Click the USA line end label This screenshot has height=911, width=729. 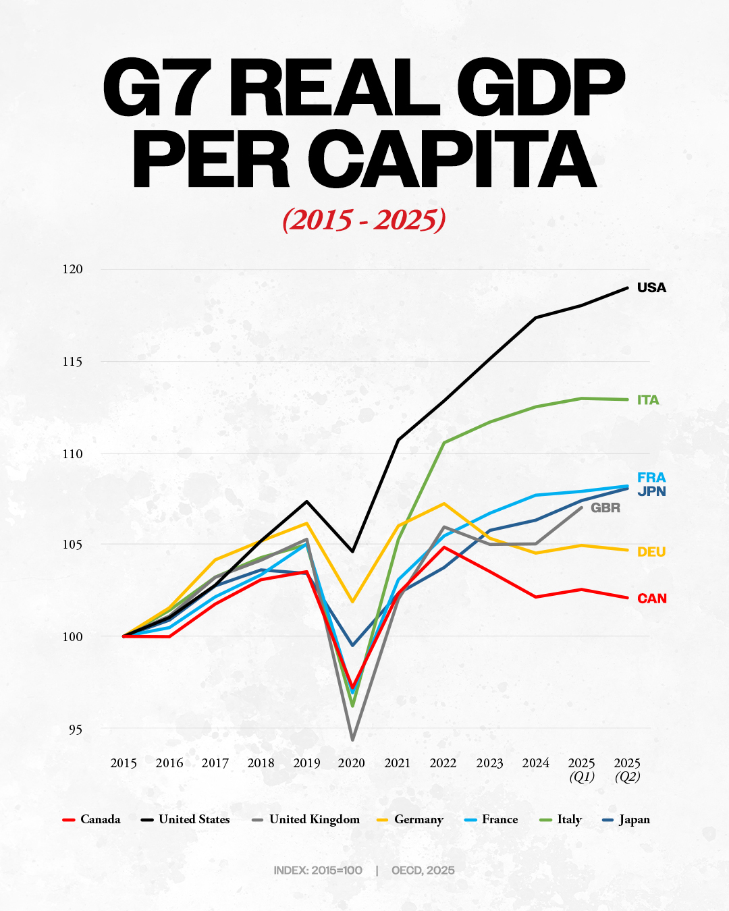tap(651, 287)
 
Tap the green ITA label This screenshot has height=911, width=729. tap(648, 400)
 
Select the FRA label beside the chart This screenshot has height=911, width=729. tap(651, 478)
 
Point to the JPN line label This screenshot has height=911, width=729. tap(651, 491)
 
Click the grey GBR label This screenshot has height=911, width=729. tap(605, 508)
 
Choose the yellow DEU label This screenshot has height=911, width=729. tap(651, 552)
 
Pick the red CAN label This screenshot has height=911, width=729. tap(652, 599)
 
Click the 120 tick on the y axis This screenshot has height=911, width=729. tap(72, 269)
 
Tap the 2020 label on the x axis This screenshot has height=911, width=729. tap(352, 763)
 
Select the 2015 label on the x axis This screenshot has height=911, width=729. tap(124, 763)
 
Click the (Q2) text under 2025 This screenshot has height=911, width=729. tap(627, 777)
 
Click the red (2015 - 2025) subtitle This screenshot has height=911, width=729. tap(364, 220)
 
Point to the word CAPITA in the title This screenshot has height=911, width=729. tap(452, 159)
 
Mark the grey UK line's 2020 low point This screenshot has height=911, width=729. tap(352, 740)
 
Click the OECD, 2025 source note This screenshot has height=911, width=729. tap(423, 871)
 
